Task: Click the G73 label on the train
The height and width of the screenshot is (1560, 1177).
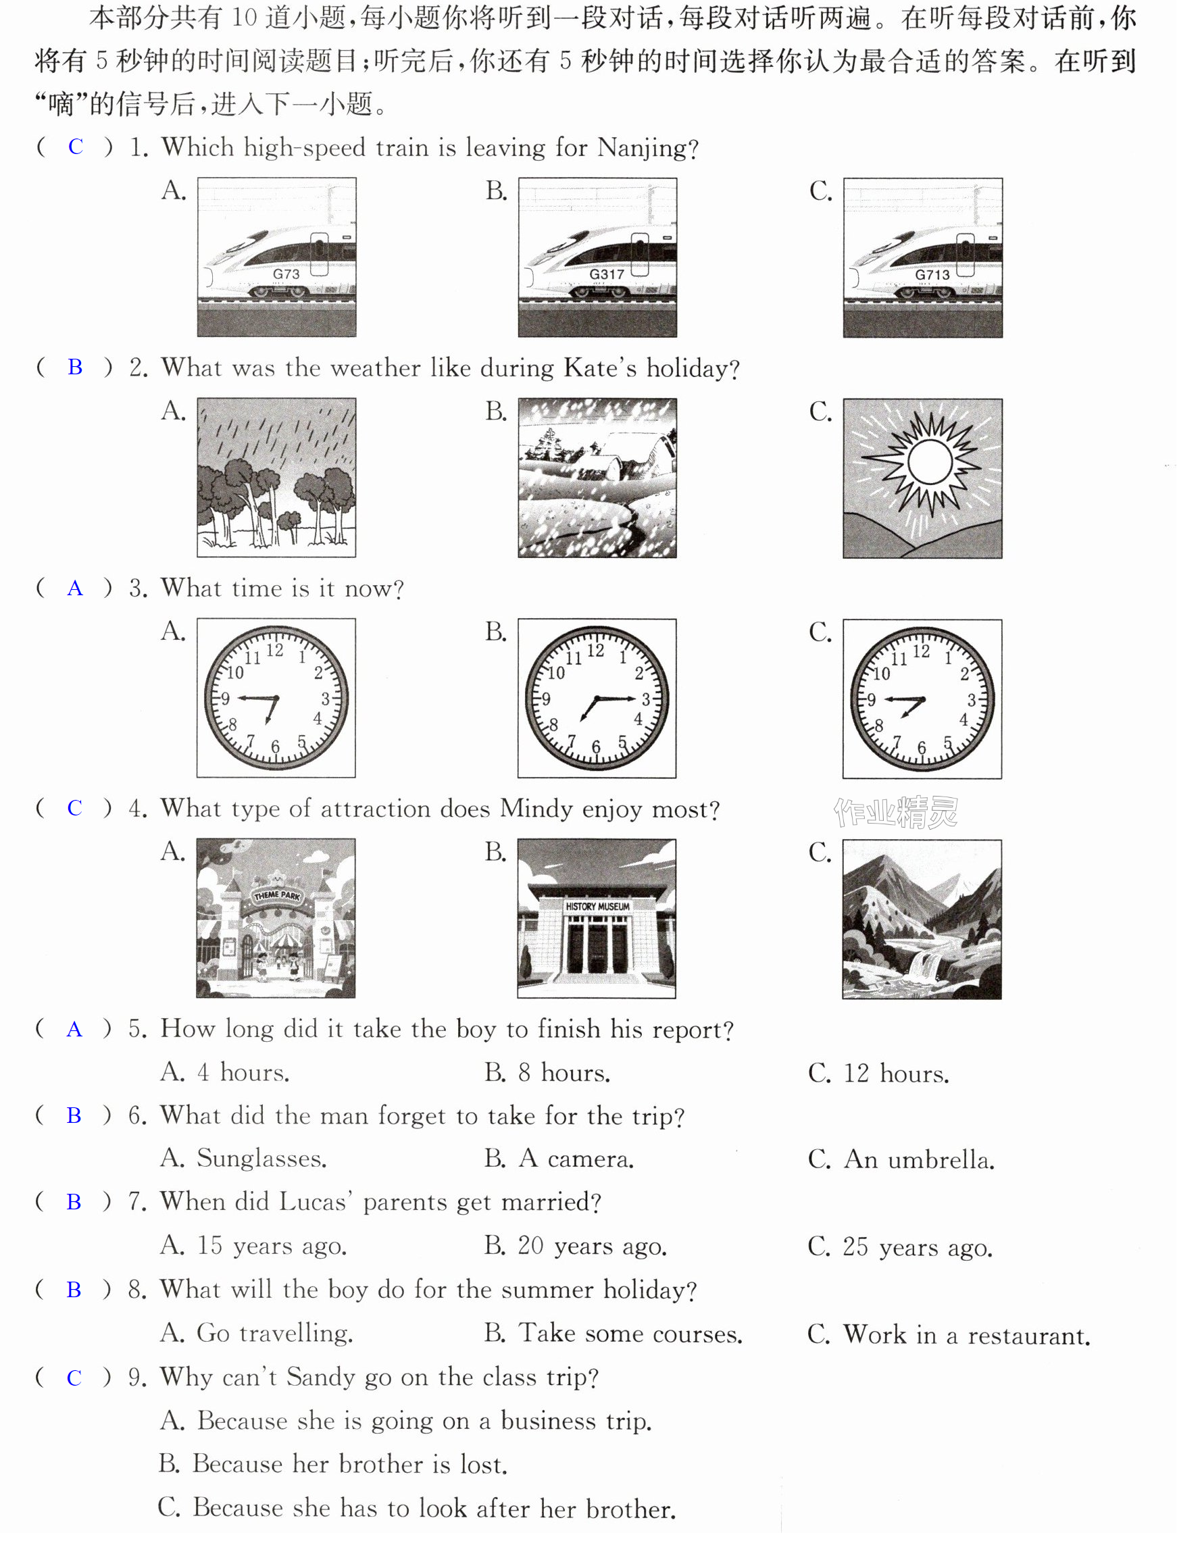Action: (x=286, y=274)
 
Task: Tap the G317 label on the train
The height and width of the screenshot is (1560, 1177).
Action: (x=607, y=274)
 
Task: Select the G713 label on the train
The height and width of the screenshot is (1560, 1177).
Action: (x=932, y=274)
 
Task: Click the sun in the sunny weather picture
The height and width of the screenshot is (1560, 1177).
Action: (x=930, y=463)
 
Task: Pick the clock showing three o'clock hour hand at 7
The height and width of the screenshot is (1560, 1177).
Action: (x=597, y=698)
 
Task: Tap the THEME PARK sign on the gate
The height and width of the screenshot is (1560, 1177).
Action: (x=276, y=895)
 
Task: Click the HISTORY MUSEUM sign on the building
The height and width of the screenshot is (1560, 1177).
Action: (x=597, y=906)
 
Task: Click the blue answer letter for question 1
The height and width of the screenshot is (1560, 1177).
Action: (x=76, y=147)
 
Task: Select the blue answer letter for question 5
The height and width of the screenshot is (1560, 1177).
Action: (x=74, y=1030)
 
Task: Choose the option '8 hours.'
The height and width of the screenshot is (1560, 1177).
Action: (x=547, y=1073)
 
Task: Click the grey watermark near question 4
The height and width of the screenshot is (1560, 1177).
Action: (x=896, y=813)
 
